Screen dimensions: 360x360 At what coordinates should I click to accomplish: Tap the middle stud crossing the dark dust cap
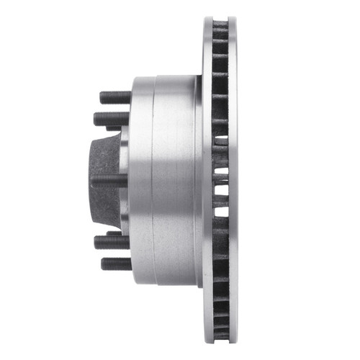(x=108, y=180)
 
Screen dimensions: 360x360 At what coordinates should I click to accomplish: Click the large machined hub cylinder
(x=162, y=180)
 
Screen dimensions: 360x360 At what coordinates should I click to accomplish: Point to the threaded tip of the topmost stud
(x=103, y=96)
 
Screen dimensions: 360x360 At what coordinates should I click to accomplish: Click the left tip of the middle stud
(x=92, y=180)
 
